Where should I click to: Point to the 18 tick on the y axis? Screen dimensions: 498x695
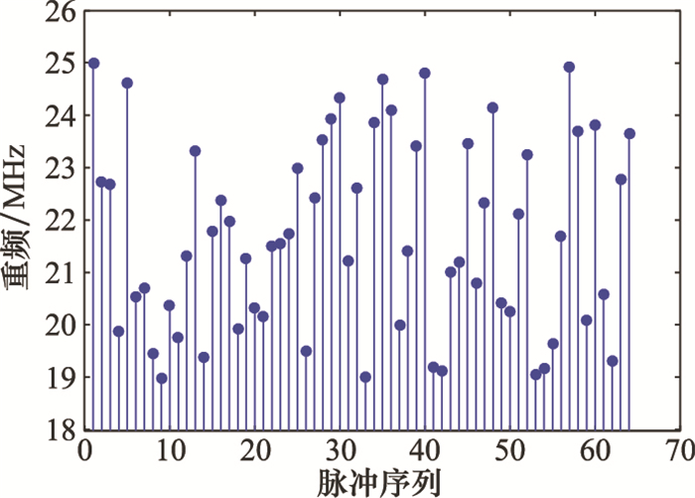85,429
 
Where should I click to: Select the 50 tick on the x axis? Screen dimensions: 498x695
509,429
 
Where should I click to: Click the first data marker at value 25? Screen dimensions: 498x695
93,63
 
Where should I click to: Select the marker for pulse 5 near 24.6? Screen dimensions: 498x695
127,83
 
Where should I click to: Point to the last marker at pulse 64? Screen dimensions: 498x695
629,133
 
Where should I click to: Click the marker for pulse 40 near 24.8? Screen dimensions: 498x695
425,73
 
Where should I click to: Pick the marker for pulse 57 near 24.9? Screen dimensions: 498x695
569,67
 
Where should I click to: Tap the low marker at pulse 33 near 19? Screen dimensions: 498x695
365,377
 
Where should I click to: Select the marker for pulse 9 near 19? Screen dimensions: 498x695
162,378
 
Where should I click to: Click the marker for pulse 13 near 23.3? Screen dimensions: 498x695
196,151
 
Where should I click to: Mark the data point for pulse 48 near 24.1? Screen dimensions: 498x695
492,107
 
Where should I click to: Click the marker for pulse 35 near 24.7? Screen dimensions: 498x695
382,79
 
